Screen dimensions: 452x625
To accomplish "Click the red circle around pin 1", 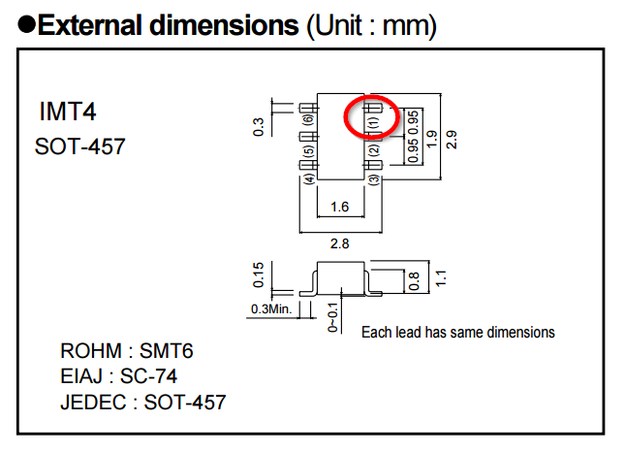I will coord(371,118).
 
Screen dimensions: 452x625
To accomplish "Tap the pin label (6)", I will coord(308,121).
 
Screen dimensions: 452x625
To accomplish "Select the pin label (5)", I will coord(308,151).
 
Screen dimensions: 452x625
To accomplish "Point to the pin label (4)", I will coord(308,178).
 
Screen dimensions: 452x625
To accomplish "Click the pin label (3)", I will coord(374,179).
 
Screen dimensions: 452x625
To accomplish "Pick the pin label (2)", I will coord(374,150).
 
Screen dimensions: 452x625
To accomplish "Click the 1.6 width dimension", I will coord(339,207).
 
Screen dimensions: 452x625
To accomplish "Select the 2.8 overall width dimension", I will coord(339,242).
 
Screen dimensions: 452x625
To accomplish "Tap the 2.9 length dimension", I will coord(451,138).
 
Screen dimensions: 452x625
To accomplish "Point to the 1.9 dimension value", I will coord(431,138).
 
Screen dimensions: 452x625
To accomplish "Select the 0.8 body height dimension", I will coord(415,280).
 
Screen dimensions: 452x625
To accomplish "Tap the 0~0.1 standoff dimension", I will coord(332,316).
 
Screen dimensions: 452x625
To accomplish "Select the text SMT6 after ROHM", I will coord(173,351).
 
